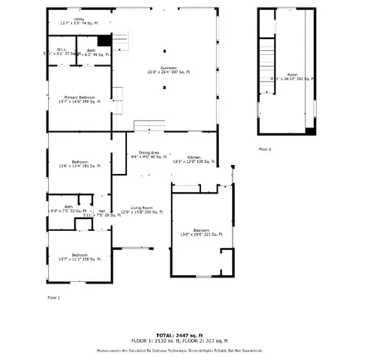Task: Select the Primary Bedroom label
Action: click(80, 100)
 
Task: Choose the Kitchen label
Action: click(194, 159)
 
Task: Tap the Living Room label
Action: click(143, 210)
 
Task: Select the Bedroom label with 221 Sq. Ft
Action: click(201, 232)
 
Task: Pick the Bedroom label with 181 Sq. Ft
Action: click(80, 165)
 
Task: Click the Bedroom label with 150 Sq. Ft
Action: click(80, 257)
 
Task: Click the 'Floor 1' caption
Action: click(53, 297)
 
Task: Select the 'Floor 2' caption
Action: click(265, 149)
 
